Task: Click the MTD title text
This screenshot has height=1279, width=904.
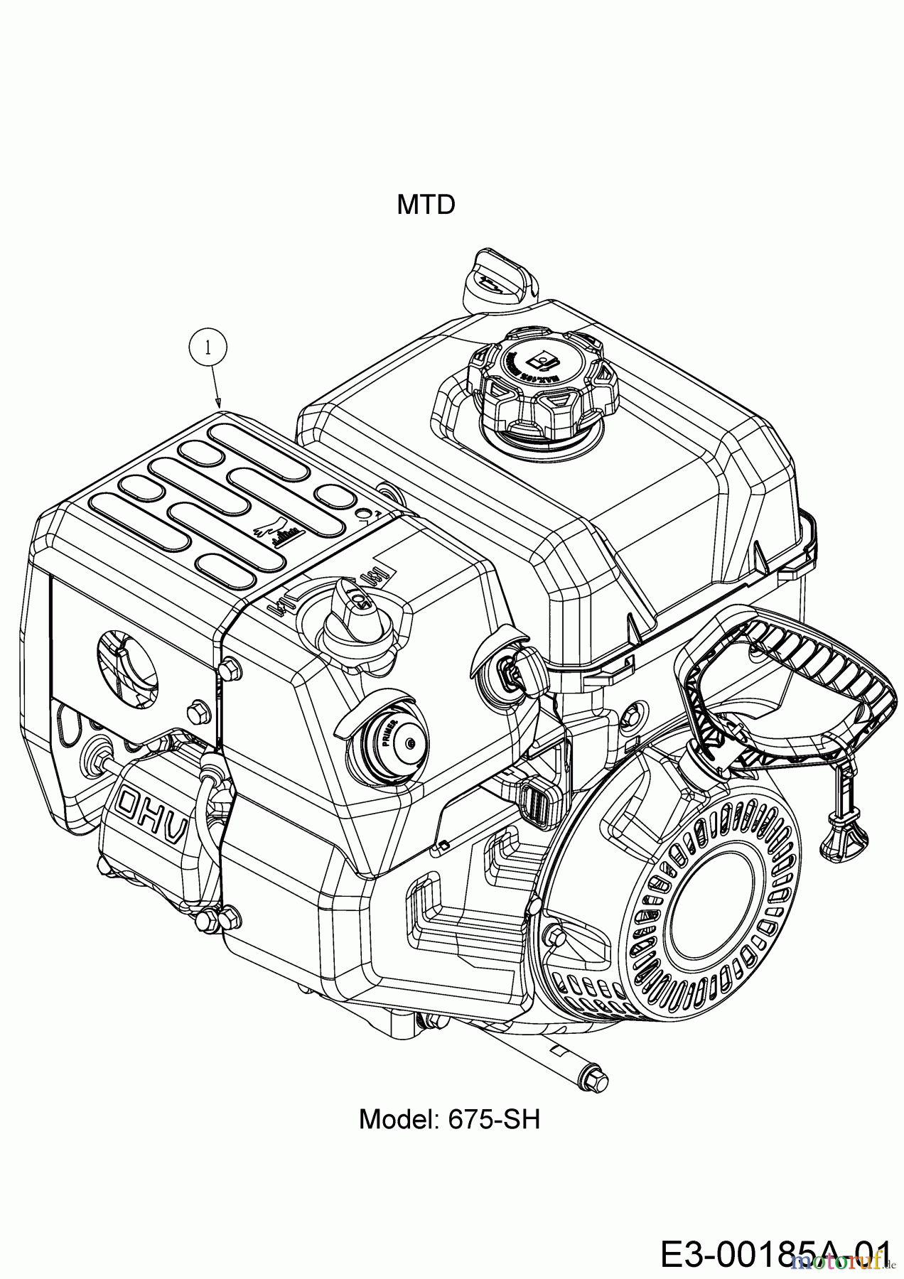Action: [426, 205]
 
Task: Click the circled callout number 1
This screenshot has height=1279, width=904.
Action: [208, 347]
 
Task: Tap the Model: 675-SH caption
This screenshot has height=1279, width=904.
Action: [449, 1119]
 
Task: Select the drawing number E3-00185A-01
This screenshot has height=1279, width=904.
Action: [775, 1253]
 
